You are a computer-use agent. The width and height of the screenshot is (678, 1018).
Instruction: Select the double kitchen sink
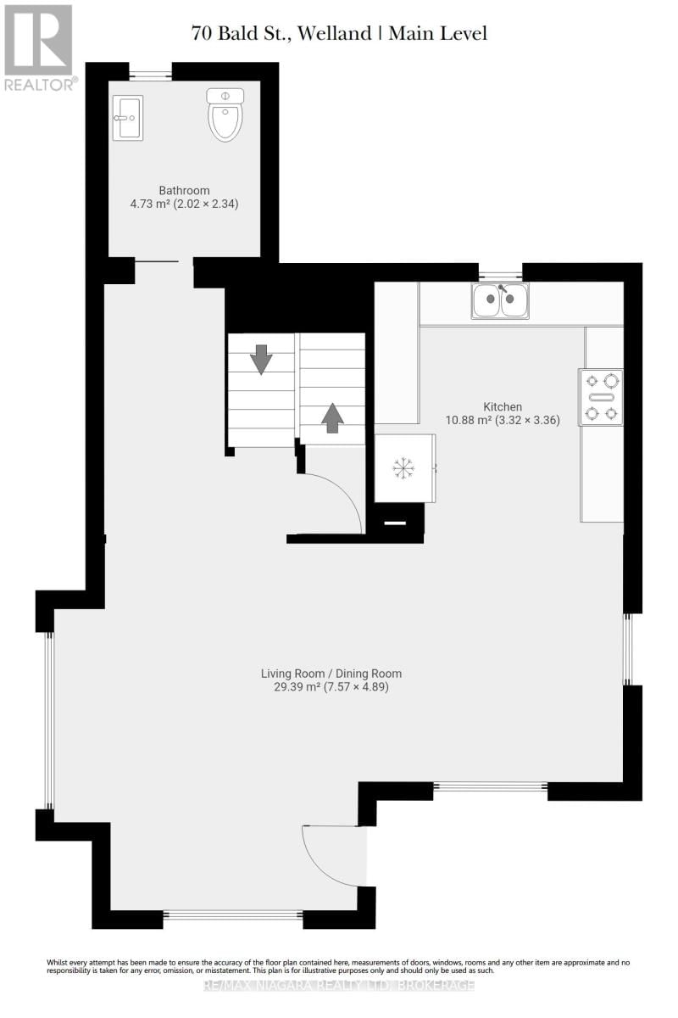click(x=501, y=300)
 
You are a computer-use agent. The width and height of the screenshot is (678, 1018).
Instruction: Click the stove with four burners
click(x=601, y=396)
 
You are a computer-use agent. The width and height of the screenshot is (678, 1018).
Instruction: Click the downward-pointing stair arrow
click(x=261, y=359)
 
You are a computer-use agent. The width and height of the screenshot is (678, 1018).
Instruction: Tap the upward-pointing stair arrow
click(x=332, y=417)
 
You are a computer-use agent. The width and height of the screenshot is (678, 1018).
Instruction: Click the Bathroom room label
click(x=184, y=191)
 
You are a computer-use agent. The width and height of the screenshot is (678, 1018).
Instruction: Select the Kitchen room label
click(x=503, y=406)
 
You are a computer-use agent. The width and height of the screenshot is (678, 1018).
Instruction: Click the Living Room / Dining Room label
click(x=331, y=674)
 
